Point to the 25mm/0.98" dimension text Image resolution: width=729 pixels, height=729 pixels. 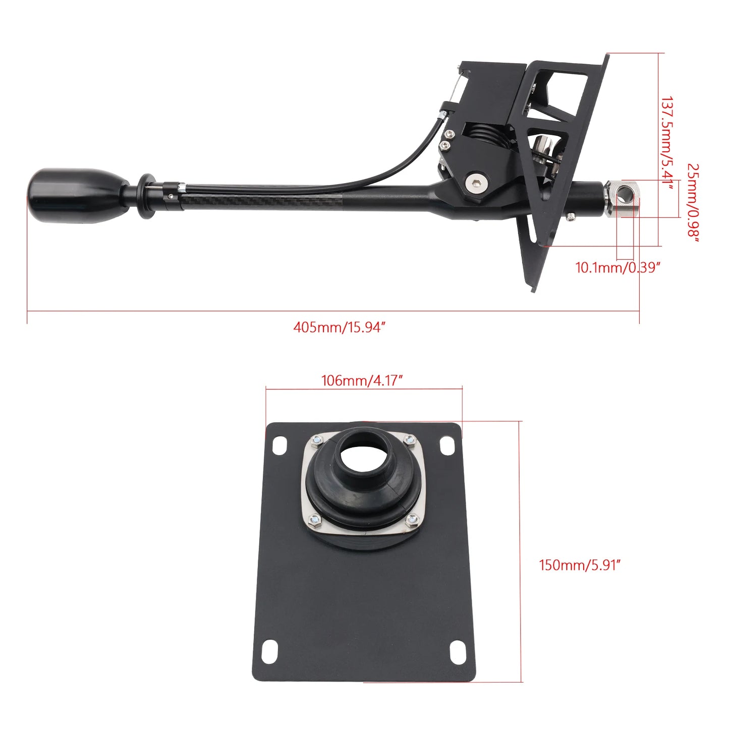[x=694, y=202]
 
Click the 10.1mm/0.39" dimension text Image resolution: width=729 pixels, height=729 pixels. [x=618, y=267]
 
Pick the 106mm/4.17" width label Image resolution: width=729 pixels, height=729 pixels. [x=362, y=380]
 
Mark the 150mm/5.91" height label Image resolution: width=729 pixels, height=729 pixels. [x=579, y=565]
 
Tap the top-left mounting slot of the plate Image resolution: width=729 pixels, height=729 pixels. [x=279, y=445]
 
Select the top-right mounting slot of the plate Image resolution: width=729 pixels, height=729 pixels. [x=447, y=446]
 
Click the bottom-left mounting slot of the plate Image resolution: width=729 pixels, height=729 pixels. [x=270, y=651]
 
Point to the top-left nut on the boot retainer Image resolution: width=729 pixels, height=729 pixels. [x=317, y=440]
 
